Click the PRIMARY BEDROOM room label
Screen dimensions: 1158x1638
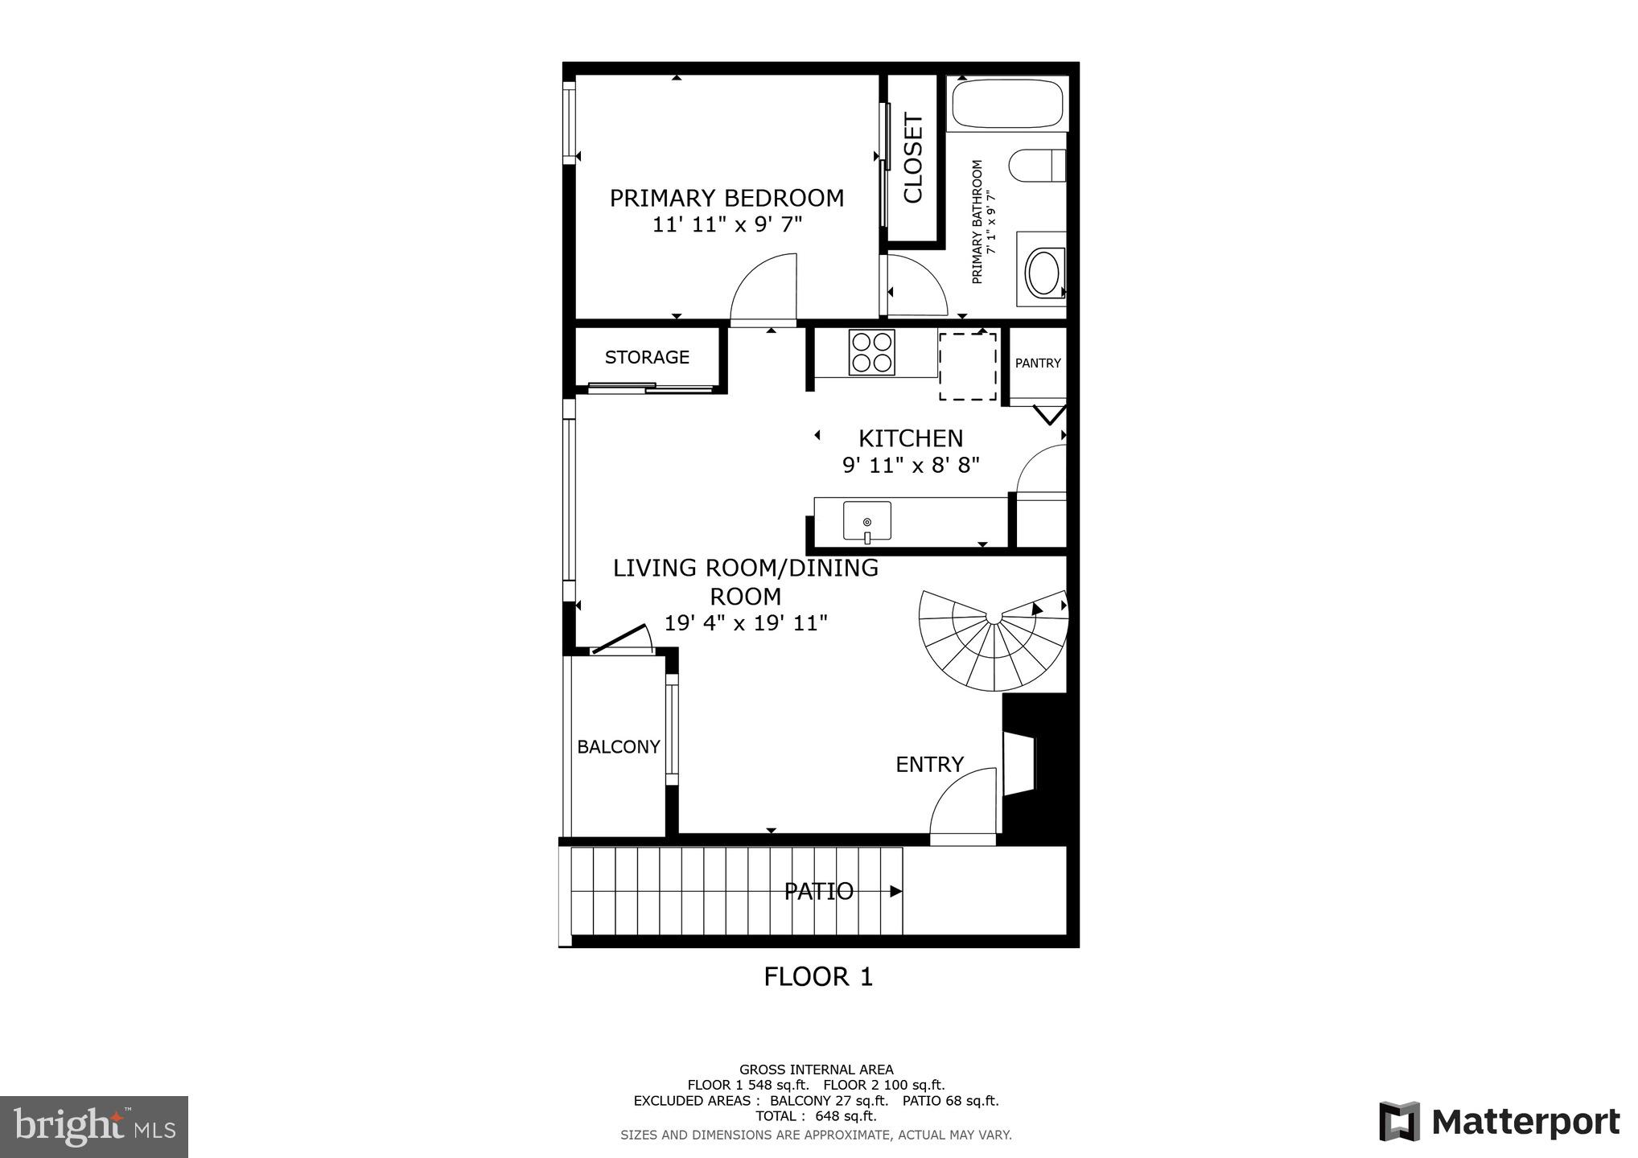coord(726,198)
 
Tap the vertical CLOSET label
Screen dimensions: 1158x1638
coord(913,158)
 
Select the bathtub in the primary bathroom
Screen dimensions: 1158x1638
coord(1007,104)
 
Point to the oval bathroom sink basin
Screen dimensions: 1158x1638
coord(1044,272)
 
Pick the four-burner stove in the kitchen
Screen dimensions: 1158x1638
coord(872,352)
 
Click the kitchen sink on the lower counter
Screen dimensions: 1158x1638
coord(867,521)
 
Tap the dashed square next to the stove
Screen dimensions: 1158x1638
coord(969,367)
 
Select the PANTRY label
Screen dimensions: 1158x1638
coord(1038,363)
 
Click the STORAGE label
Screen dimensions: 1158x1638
coord(647,357)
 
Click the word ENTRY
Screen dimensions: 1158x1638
coord(929,764)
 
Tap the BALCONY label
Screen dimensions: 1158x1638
coord(618,747)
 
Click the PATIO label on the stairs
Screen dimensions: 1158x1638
coord(818,891)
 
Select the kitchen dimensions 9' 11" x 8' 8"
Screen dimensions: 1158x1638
coord(911,466)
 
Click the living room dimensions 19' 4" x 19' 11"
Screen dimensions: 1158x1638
coord(746,623)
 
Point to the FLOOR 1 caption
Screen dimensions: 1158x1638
coord(818,977)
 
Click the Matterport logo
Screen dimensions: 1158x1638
coord(1500,1122)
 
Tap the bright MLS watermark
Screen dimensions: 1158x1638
coord(94,1127)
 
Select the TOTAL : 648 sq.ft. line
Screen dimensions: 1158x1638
coord(816,1116)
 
